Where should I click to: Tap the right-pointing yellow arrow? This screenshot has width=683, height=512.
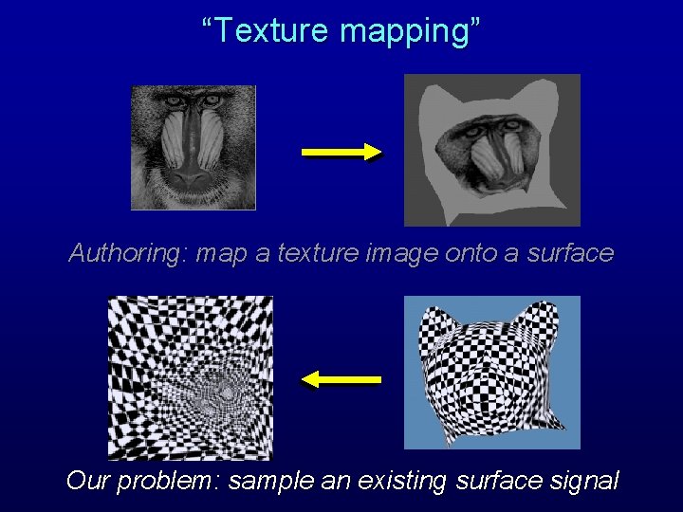tap(341, 153)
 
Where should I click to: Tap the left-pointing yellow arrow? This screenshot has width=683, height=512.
tap(341, 379)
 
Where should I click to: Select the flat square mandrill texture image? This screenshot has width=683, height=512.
tap(194, 147)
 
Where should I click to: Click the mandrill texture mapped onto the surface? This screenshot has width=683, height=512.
tap(491, 150)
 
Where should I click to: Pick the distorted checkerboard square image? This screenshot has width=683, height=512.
tap(191, 377)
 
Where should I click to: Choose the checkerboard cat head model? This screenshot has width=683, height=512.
tap(491, 373)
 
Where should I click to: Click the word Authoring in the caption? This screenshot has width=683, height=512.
tap(127, 254)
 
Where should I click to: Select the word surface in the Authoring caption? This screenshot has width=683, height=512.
tap(570, 253)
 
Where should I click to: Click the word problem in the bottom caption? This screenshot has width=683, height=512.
tap(170, 482)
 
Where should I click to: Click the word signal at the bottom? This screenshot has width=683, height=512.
tap(583, 482)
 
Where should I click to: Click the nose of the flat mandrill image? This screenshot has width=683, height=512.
tap(193, 171)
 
